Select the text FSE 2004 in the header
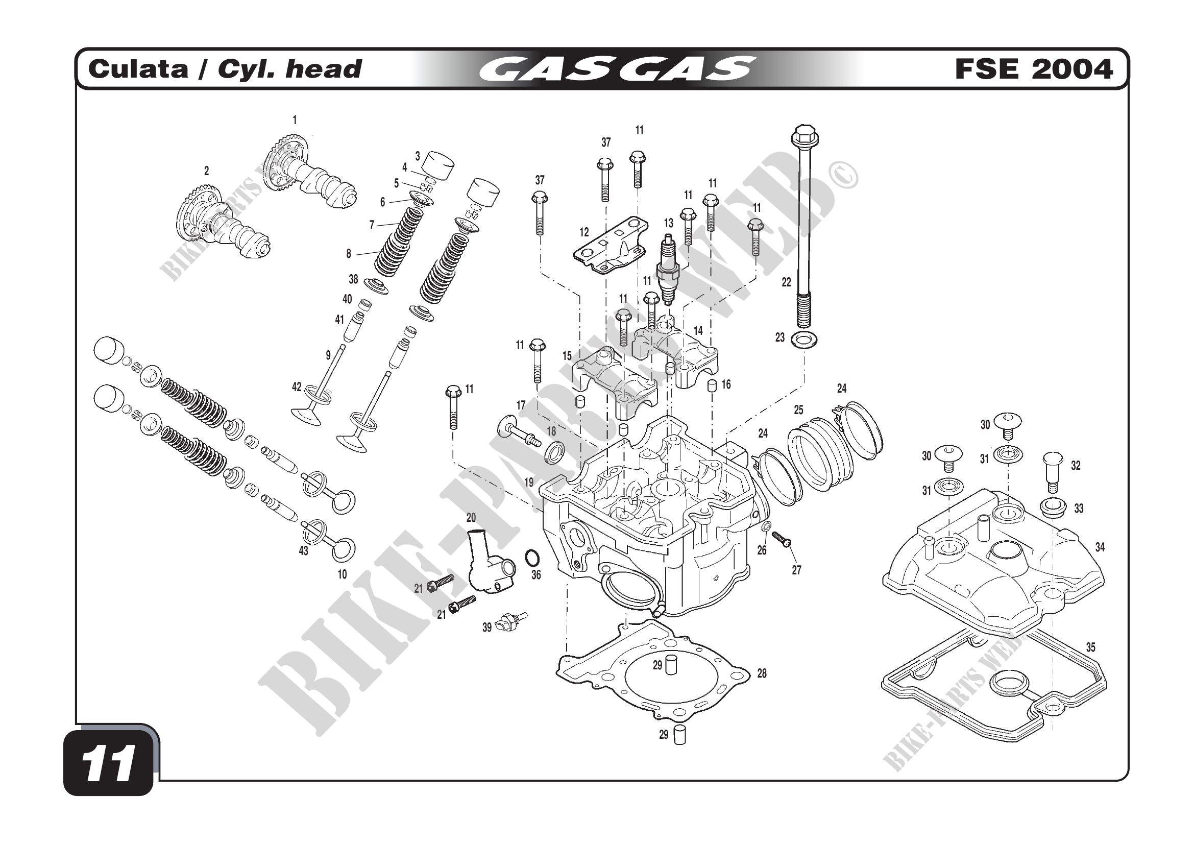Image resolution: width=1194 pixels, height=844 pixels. coord(1033,69)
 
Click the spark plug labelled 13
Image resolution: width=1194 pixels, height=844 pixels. coord(667,270)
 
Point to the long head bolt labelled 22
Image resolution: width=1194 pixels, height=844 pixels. coord(804,224)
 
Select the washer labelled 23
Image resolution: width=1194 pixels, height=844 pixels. coord(803,340)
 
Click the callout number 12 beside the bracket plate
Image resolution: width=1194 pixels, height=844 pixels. coord(584,232)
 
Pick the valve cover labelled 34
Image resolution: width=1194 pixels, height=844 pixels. coord(993,562)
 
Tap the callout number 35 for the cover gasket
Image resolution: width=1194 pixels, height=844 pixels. coord(1090,647)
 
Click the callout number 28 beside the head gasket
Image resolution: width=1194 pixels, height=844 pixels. coord(761,673)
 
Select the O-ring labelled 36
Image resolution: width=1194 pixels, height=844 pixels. coord(532,559)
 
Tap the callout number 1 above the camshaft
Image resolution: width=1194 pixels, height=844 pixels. coord(295,120)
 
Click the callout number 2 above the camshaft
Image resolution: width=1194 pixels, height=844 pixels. coord(206,171)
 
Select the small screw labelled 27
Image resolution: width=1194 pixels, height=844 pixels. coord(781,539)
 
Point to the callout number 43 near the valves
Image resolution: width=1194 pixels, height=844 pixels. coord(303,551)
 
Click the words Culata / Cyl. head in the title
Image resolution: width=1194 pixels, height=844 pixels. coord(225,69)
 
